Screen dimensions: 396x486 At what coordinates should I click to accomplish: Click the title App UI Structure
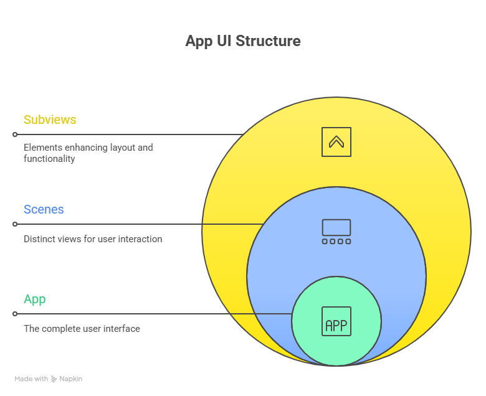[x=243, y=41]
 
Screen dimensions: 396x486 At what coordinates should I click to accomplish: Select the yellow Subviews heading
[x=50, y=120]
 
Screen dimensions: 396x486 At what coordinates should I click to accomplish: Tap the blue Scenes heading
[x=44, y=209]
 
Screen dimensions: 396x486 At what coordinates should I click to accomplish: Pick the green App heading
[x=35, y=299]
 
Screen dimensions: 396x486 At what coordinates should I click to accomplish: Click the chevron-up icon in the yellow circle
[x=336, y=142]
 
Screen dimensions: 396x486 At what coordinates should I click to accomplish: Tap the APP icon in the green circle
[x=336, y=321]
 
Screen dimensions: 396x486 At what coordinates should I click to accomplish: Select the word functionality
[x=49, y=159]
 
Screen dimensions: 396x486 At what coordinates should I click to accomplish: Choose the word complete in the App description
[x=61, y=329]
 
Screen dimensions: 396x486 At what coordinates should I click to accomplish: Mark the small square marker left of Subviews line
[x=14, y=134]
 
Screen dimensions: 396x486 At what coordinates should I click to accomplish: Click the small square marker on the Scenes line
[x=14, y=224]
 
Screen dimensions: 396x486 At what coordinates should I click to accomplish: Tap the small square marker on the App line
[x=14, y=314]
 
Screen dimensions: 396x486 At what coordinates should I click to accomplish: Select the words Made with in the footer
[x=31, y=379]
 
